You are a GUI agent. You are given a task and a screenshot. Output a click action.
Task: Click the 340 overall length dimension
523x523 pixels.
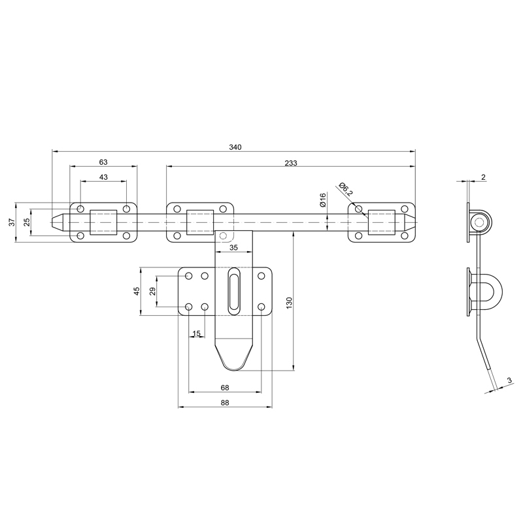(235, 147)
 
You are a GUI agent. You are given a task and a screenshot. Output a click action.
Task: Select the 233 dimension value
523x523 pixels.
(291, 163)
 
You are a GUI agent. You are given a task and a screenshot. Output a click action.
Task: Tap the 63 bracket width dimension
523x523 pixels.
(103, 162)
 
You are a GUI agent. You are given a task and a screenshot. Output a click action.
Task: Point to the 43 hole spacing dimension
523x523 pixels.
(103, 177)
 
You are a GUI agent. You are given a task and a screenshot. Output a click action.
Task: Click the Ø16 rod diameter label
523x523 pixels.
(322, 200)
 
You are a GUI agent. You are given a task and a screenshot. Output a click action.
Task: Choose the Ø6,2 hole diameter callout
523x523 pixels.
(345, 189)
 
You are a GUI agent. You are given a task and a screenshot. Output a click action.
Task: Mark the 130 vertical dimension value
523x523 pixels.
(289, 303)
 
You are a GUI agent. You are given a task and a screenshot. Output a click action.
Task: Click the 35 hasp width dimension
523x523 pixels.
(234, 248)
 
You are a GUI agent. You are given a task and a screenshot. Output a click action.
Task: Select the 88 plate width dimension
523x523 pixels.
(225, 403)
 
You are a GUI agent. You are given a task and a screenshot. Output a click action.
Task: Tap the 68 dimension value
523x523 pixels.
(225, 388)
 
